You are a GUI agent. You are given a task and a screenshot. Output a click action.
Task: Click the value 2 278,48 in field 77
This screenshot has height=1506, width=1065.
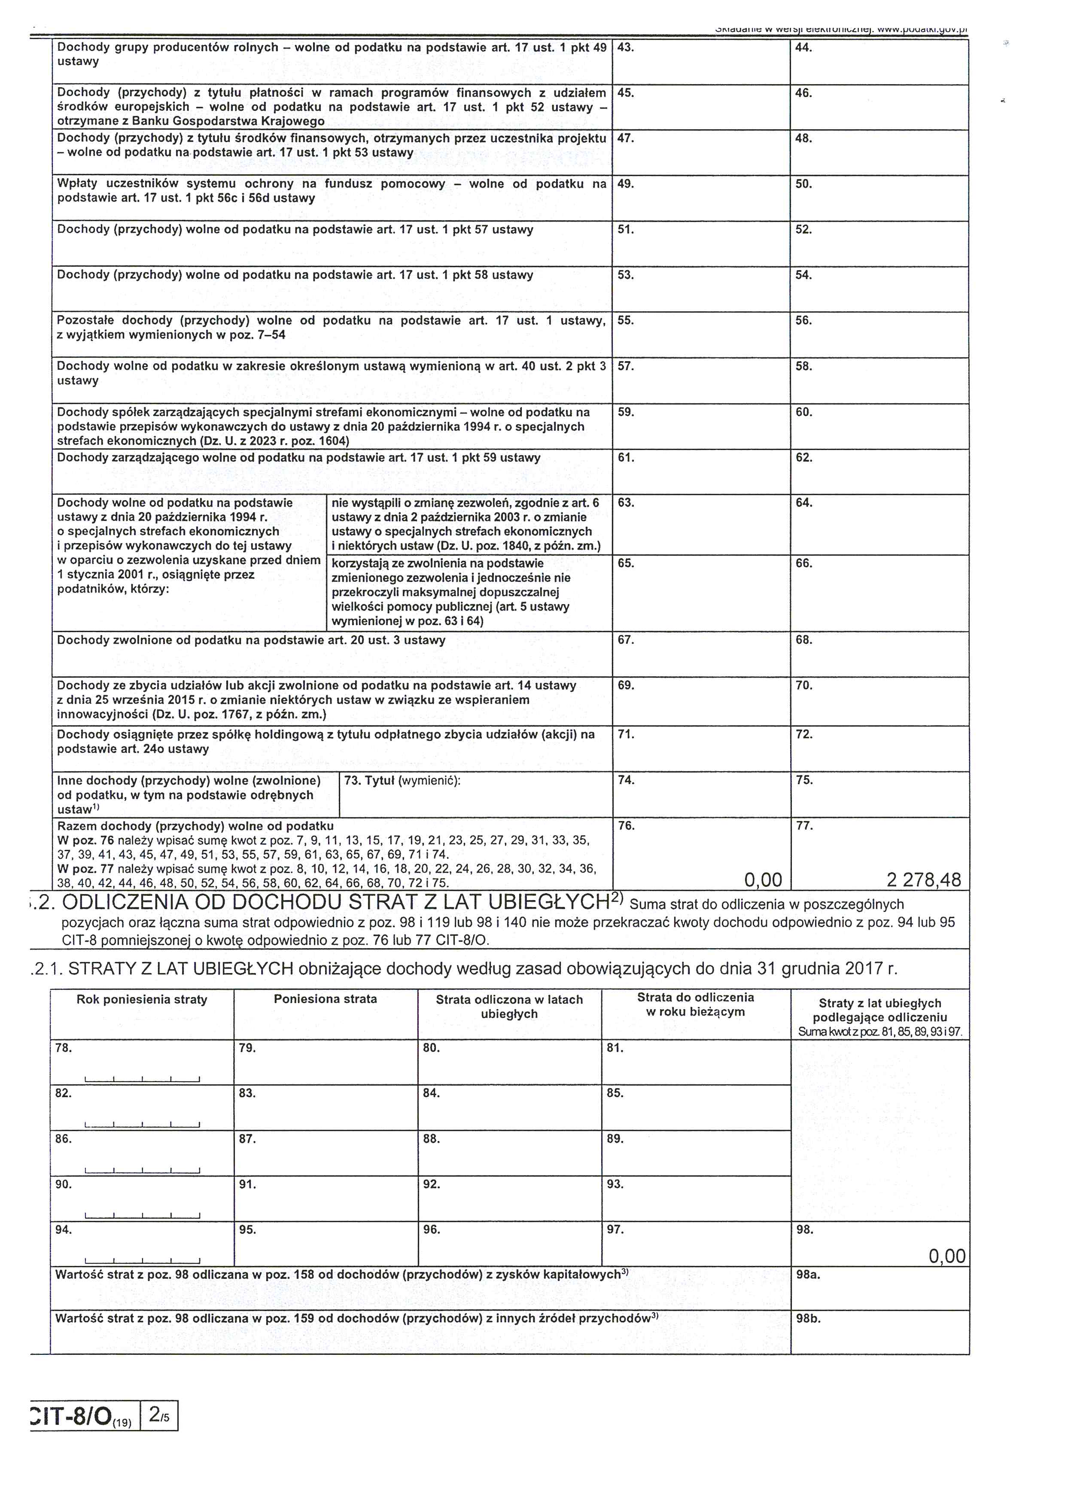point(923,879)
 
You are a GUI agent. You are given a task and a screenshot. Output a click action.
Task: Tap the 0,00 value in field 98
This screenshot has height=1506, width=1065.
point(947,1256)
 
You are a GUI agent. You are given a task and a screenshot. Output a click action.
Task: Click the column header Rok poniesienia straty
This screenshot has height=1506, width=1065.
point(142,1000)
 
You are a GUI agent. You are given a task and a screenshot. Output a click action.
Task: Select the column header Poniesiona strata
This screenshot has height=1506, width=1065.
point(325,999)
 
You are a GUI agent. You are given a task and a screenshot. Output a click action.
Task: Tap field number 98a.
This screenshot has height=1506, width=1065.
point(808,1275)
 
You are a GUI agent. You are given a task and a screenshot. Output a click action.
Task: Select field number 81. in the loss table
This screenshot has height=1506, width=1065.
point(615,1048)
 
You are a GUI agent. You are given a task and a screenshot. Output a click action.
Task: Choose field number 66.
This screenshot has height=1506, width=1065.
point(804,563)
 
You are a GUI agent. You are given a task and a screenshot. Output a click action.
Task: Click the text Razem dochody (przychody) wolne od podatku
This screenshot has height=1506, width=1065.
point(195,826)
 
